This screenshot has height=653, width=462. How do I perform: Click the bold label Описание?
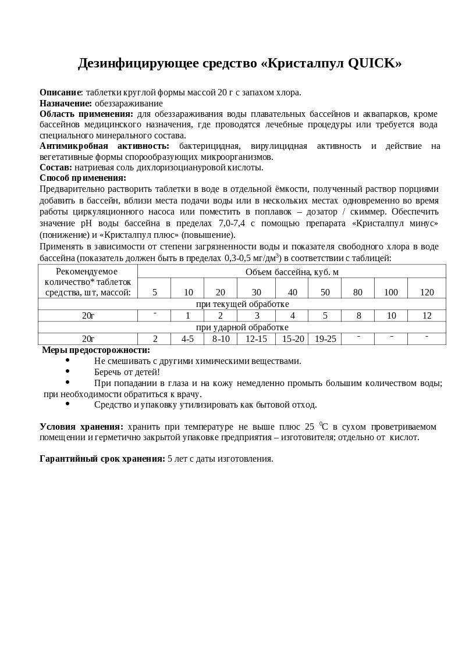tap(61, 92)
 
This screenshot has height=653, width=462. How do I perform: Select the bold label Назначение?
tap(65, 104)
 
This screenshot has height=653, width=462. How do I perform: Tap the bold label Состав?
tap(55, 167)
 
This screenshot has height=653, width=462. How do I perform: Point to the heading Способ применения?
tap(83, 178)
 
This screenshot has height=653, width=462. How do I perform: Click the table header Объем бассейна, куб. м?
tap(292, 272)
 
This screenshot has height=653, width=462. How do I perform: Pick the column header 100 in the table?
tap(390, 292)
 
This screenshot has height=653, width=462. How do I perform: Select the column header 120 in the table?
tap(427, 292)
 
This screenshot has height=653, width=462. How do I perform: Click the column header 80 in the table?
tap(357, 292)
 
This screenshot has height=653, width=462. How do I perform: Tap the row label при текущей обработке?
tap(242, 304)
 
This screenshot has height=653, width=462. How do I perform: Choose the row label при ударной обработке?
tap(242, 327)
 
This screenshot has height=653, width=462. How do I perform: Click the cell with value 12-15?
tap(256, 339)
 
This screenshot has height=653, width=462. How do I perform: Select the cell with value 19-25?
tap(325, 339)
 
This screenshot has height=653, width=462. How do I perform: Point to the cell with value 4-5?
tap(187, 339)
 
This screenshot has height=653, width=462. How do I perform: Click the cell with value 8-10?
tap(221, 339)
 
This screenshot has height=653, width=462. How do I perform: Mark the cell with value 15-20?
tap(293, 339)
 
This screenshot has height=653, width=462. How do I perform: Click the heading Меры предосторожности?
tap(96, 350)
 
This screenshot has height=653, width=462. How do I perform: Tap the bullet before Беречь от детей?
tap(67, 371)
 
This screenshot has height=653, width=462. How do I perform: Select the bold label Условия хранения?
tap(81, 427)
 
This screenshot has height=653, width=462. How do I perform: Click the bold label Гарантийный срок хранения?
tap(102, 459)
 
